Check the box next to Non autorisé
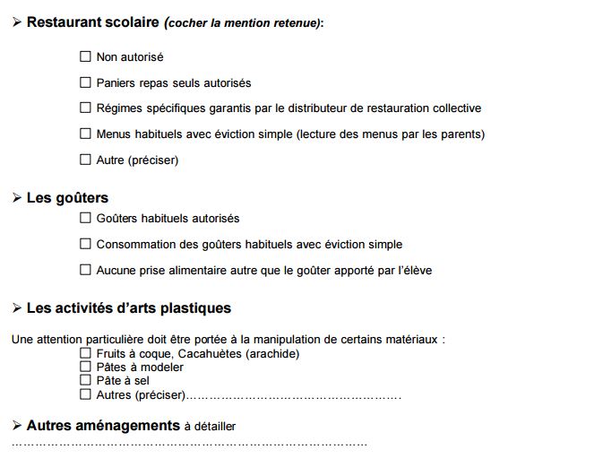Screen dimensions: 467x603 coord(86,56)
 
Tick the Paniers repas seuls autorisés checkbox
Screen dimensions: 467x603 coord(86,82)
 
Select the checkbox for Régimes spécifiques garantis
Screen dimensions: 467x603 coord(86,108)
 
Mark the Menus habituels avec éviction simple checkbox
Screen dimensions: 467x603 coord(86,134)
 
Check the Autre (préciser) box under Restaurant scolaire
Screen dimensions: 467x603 coord(86,160)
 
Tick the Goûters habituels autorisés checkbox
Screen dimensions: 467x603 coord(86,218)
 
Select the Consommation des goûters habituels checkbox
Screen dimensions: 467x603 coord(86,244)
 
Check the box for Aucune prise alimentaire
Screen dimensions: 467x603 coord(86,270)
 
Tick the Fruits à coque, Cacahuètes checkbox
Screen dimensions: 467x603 coord(86,353)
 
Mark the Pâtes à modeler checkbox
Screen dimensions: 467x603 coord(86,367)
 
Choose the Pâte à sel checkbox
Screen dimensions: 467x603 coord(86,380)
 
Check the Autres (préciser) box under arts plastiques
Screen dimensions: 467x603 coord(86,393)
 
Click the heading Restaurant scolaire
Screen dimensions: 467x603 coord(92,22)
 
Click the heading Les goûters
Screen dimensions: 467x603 coord(67,198)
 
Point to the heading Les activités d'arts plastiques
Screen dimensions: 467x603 coord(128,308)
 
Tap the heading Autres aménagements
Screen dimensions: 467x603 coord(103,426)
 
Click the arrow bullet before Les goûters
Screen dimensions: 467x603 coord(17,198)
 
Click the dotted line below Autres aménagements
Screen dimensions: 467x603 coord(189,444)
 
